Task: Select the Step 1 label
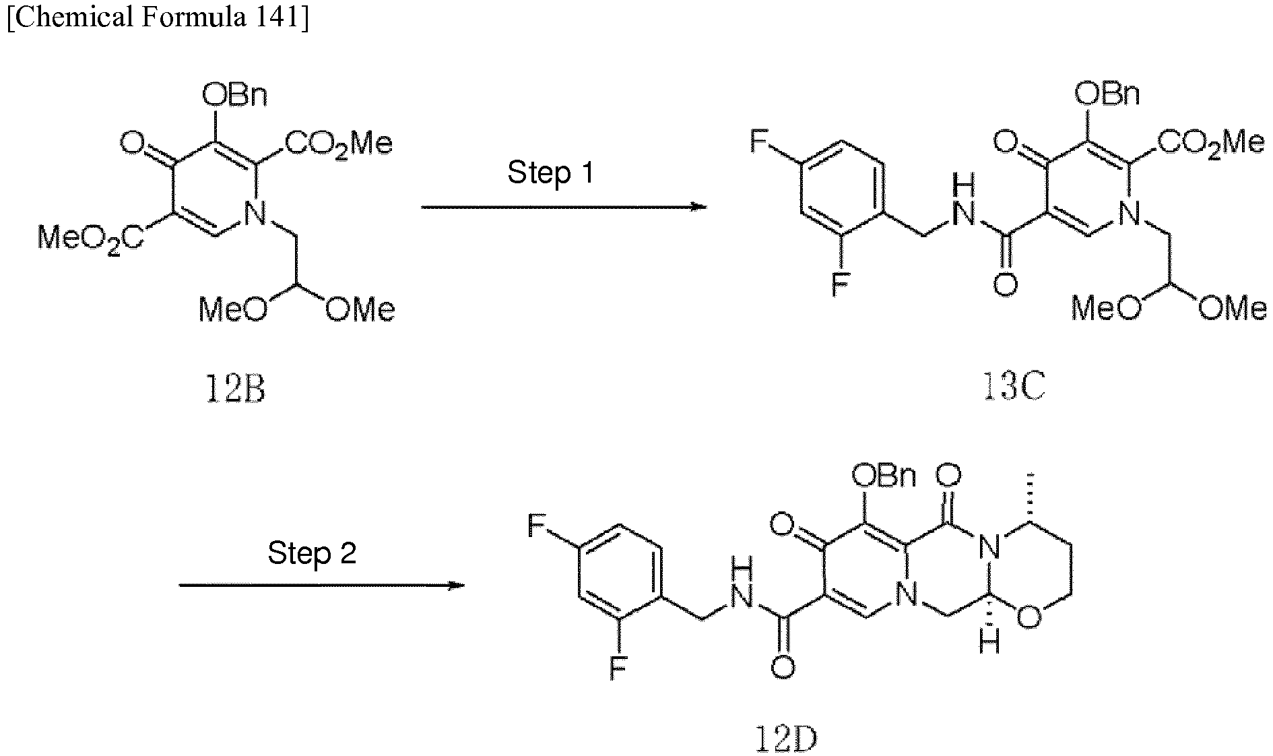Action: pos(551,172)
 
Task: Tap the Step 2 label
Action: pos(312,553)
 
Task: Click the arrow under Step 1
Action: pos(564,206)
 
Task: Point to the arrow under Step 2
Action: pos(322,585)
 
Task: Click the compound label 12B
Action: pos(234,389)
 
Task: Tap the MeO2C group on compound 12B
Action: pos(90,238)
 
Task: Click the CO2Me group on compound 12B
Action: pos(339,144)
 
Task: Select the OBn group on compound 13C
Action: pos(1108,94)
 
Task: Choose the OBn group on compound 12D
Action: pos(884,476)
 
